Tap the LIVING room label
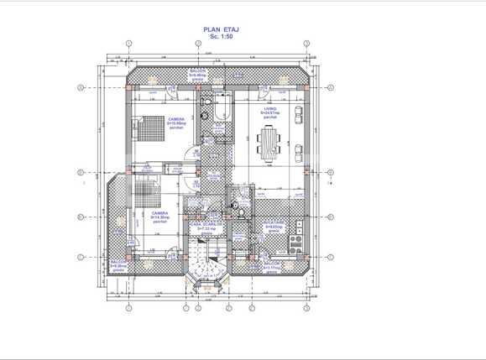[x=269, y=111]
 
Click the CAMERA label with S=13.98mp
[x=176, y=123]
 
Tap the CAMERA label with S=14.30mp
[x=158, y=217]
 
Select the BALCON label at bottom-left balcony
[x=118, y=267]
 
